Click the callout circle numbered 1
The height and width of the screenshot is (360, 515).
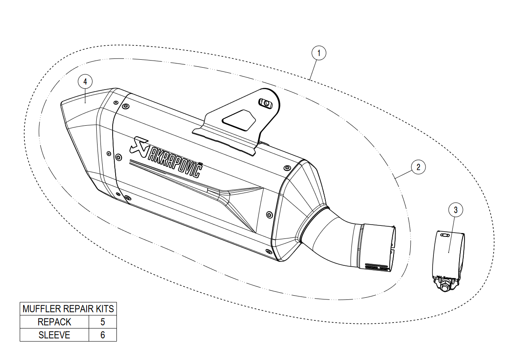319,53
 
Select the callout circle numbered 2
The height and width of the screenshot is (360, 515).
418,167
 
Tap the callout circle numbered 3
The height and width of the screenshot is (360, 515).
456,209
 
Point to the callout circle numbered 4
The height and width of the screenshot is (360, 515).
85,82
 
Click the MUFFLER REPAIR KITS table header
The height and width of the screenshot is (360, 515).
68,309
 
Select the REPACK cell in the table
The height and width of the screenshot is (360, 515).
55,322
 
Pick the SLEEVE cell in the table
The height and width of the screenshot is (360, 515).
55,335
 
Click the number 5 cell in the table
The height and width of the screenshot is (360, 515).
103,322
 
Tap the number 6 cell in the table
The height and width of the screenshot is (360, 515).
103,335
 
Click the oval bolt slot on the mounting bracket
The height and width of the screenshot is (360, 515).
266,103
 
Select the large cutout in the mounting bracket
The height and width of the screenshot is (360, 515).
239,120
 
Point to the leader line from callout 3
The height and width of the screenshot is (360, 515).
452,235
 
